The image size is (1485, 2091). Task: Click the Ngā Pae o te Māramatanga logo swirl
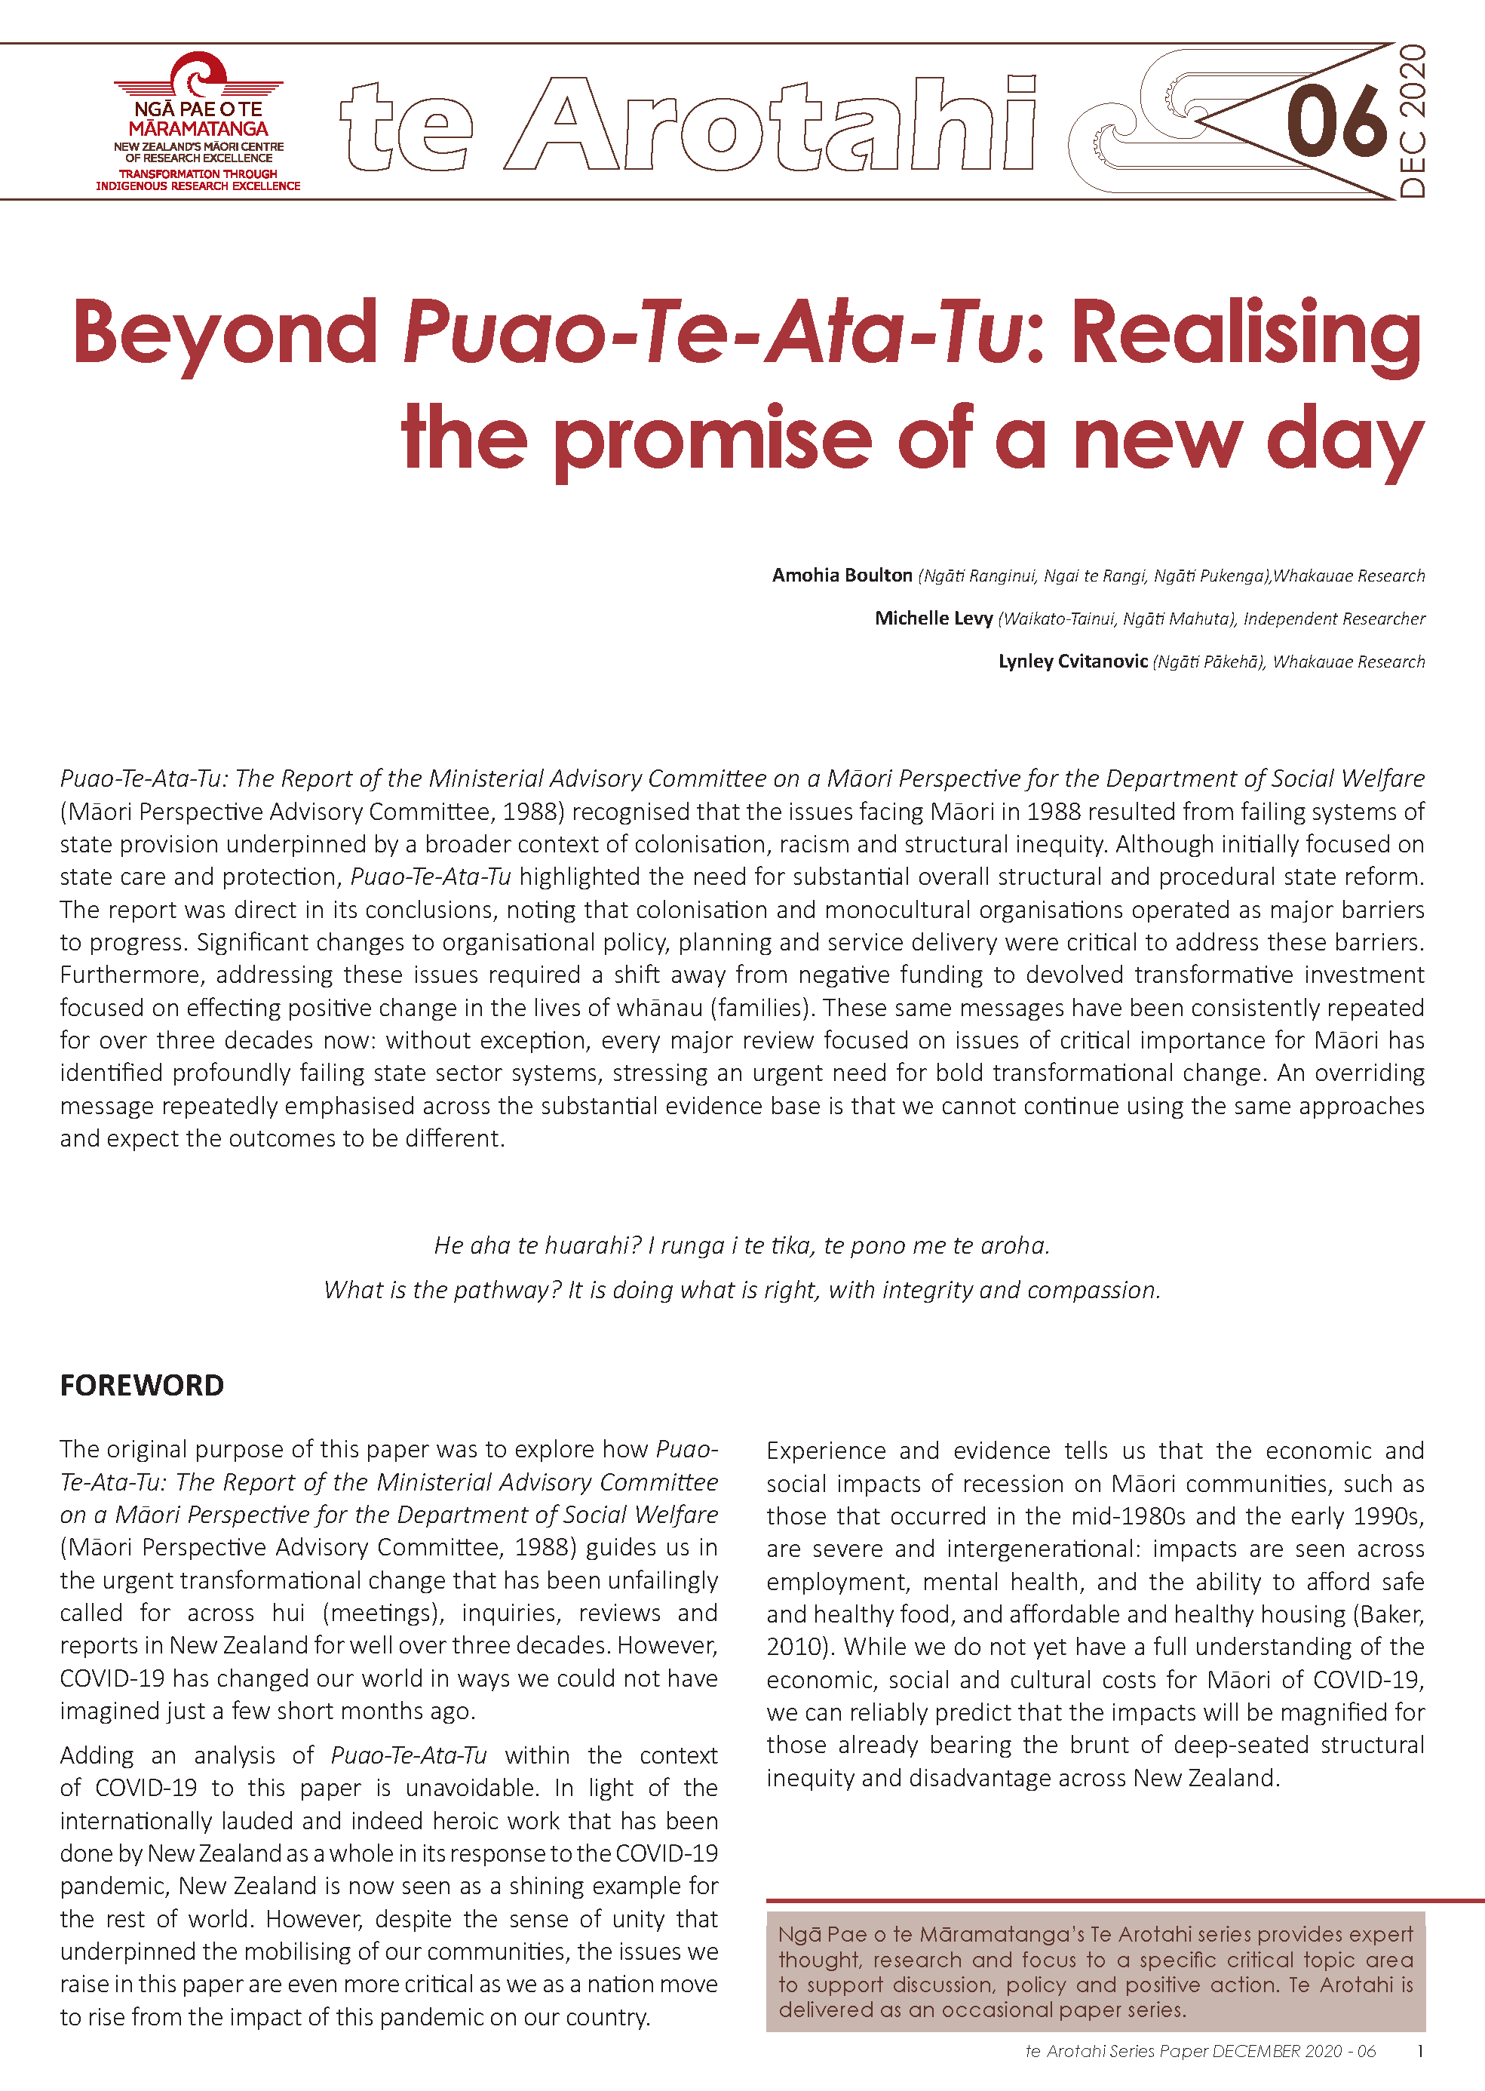(x=199, y=74)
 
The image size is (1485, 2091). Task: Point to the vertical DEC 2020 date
(x=1412, y=121)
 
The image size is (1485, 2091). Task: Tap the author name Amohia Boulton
(x=841, y=575)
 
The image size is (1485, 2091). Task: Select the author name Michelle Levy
(x=933, y=618)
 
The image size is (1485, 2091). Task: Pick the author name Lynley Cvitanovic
(x=1072, y=661)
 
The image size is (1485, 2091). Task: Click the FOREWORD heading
(x=142, y=1385)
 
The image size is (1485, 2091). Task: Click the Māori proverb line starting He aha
(x=741, y=1245)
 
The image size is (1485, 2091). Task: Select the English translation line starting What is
(x=741, y=1290)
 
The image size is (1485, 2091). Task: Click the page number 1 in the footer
(x=1419, y=2051)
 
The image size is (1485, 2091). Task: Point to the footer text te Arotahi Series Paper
(x=1116, y=2051)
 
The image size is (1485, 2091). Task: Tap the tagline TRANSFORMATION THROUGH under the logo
(x=198, y=173)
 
